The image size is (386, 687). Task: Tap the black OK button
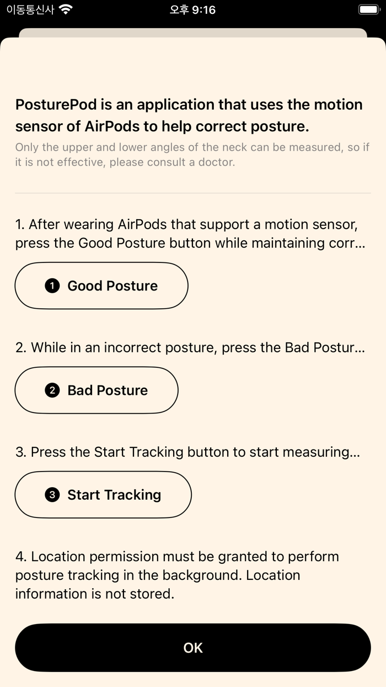[193, 647]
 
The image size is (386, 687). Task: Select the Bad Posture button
[96, 390]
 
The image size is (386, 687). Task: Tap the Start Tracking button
[103, 495]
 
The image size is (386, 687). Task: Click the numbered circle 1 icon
[52, 286]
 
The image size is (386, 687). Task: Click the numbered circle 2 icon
[52, 390]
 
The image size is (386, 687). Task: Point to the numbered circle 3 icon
[52, 495]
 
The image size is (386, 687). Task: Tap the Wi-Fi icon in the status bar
[66, 9]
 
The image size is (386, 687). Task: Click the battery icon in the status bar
[369, 9]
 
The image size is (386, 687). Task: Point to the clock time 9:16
[203, 10]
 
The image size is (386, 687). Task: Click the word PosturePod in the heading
[56, 104]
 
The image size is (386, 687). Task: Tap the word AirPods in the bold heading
[112, 126]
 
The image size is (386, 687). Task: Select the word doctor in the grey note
[216, 162]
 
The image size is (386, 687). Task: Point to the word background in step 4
[200, 575]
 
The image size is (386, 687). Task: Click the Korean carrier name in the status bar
[30, 9]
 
